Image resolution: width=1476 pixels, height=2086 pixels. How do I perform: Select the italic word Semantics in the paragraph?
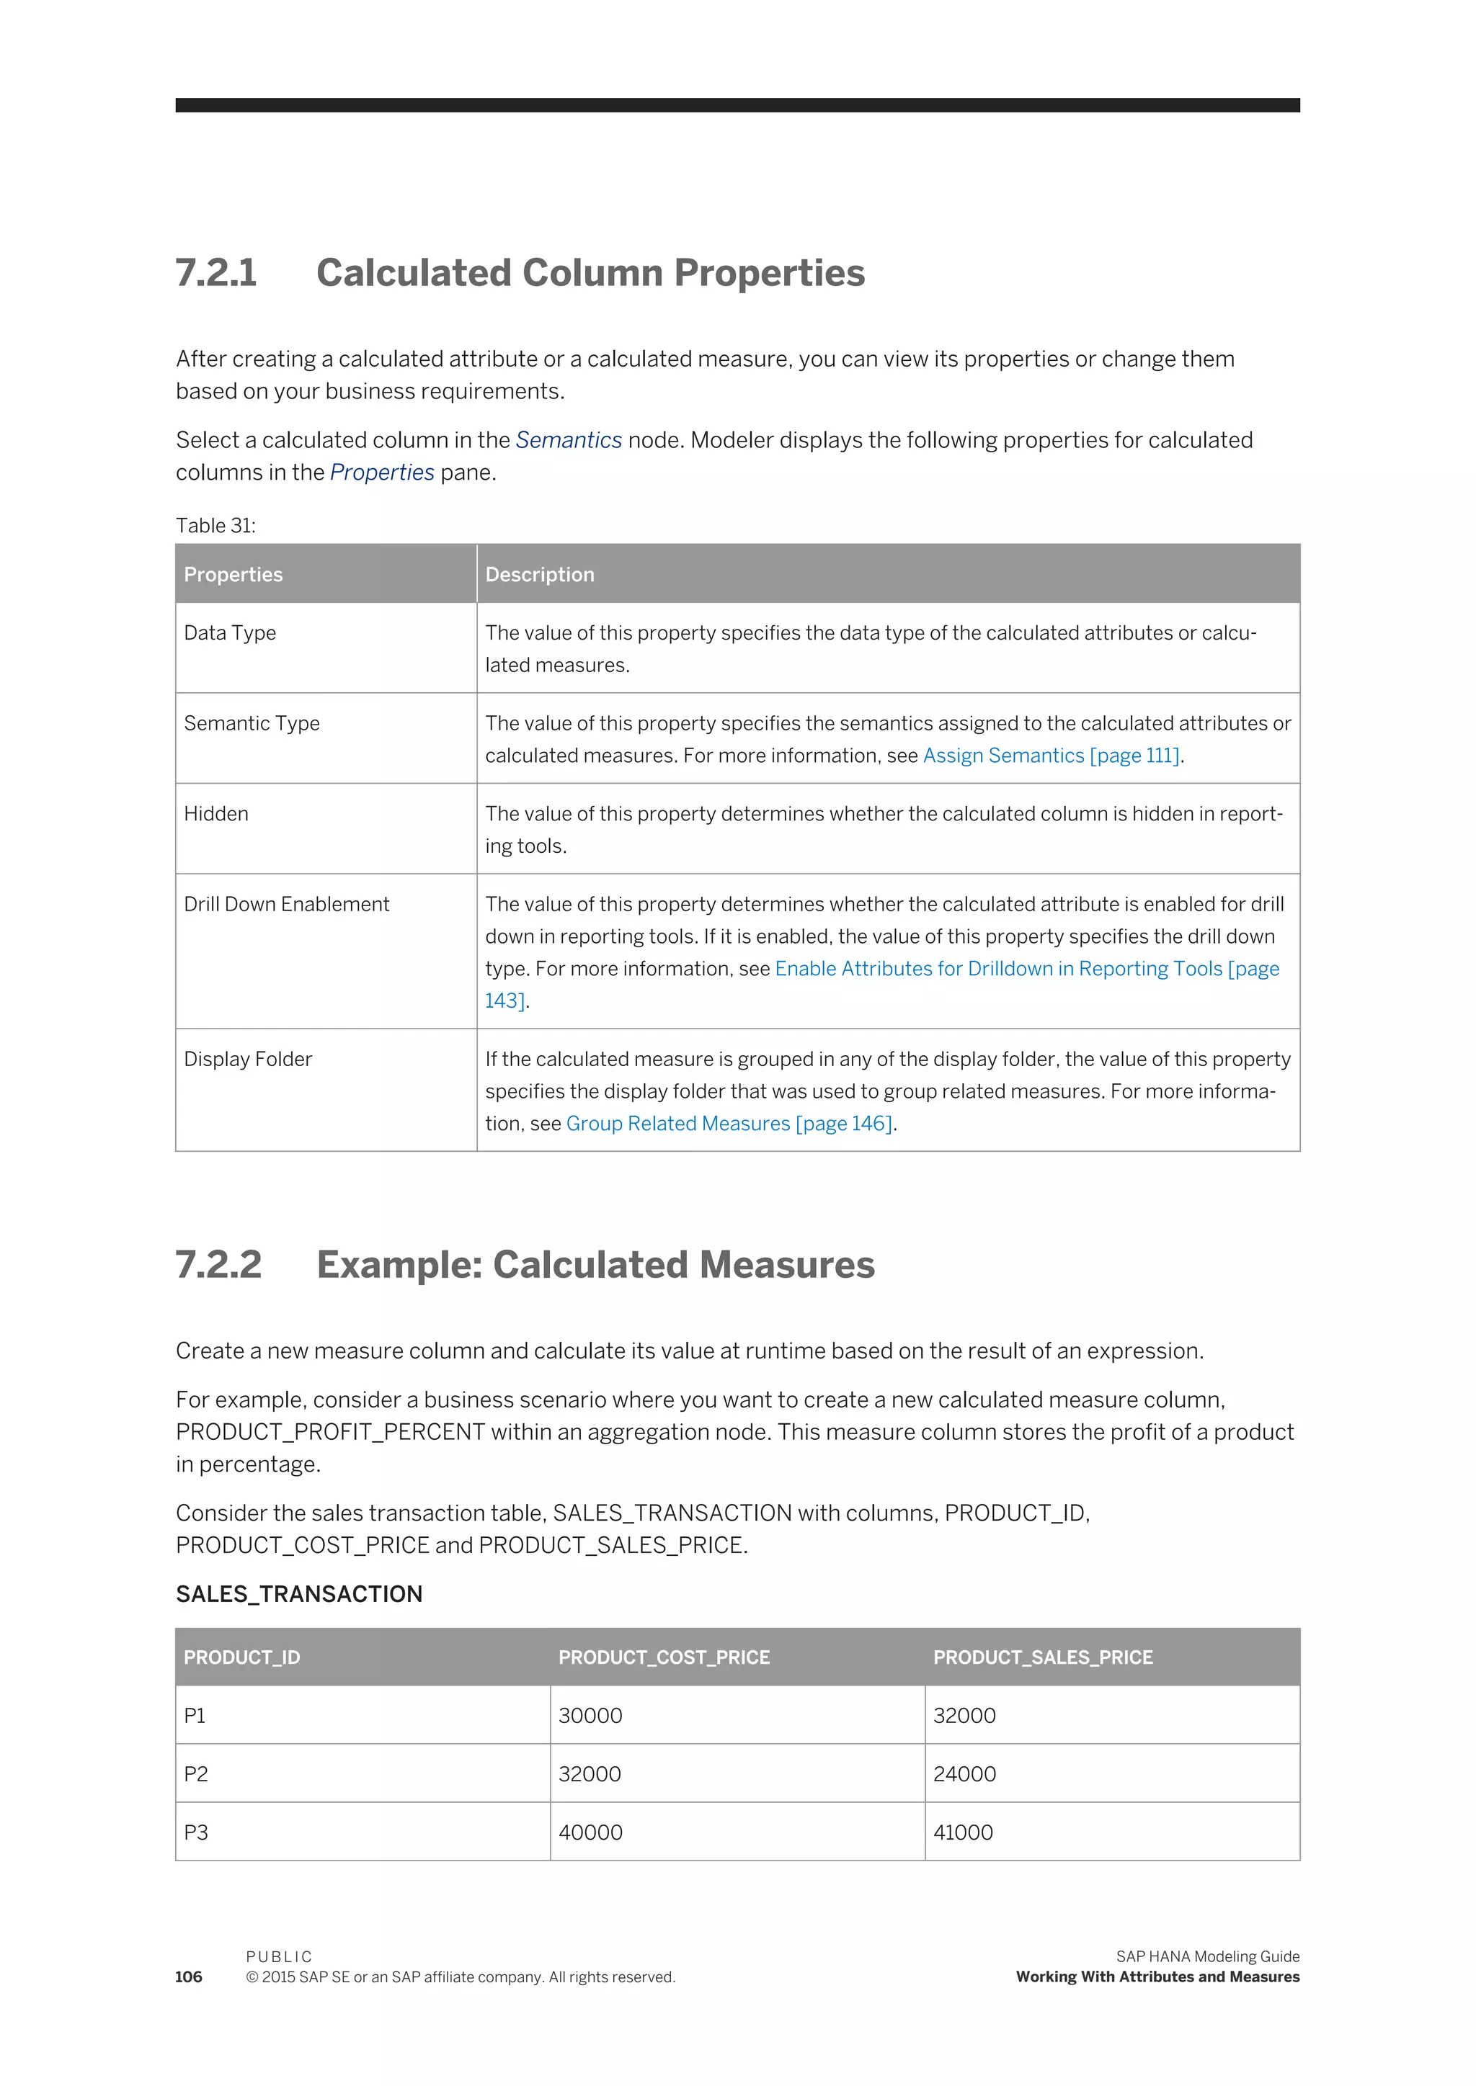[x=568, y=441]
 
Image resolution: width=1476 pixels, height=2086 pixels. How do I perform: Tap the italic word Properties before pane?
[x=382, y=473]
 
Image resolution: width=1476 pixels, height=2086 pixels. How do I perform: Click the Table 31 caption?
[x=215, y=526]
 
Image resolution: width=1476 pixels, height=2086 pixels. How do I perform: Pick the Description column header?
[x=539, y=575]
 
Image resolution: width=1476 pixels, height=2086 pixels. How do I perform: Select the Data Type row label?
[x=230, y=633]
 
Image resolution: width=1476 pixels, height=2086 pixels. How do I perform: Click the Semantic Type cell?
[x=252, y=724]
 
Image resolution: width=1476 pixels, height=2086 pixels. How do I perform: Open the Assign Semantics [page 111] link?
[x=1051, y=756]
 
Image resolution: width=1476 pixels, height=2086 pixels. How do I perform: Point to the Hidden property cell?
[x=216, y=814]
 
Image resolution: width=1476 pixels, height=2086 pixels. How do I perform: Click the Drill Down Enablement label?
[x=286, y=905]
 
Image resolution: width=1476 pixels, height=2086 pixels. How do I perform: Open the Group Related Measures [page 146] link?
[x=729, y=1124]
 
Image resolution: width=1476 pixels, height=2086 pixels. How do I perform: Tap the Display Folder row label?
[x=247, y=1060]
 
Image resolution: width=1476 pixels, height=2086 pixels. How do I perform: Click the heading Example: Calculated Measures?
[x=595, y=1266]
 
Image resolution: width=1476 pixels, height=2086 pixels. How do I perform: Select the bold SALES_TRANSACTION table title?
[x=299, y=1595]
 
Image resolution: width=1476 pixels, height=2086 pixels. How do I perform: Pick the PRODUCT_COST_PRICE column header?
[x=664, y=1658]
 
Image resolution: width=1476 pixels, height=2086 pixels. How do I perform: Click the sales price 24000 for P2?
[x=964, y=1774]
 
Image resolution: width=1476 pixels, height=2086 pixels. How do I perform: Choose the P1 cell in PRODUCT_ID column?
[x=195, y=1716]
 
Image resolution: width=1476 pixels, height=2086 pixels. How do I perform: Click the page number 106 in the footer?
[x=189, y=1977]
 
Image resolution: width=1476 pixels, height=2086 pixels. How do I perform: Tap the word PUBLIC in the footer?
[x=278, y=1957]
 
